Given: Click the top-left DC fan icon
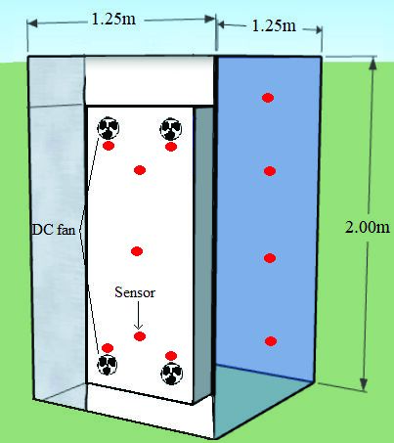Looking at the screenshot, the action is coord(109,128).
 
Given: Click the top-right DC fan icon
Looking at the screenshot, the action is coord(171,129).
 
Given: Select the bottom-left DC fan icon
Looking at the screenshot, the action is coord(108,364).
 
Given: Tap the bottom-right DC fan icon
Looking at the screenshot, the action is coord(172,374).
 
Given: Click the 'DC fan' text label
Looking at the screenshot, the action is coord(54,230).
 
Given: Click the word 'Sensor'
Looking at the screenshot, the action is coord(135,292).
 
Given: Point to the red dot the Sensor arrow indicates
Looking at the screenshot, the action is coord(140,336).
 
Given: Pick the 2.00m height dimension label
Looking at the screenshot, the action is coord(368,227).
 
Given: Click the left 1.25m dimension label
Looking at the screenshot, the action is coord(113,20).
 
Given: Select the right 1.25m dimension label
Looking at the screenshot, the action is coord(275,25).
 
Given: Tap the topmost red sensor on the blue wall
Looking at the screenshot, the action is coord(268,98).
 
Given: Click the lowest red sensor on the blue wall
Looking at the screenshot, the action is coord(271,341).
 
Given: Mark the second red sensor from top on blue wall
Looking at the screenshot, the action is coord(270,171).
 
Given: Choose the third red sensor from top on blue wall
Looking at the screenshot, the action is coord(270,258).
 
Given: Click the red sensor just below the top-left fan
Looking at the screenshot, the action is coord(109,146).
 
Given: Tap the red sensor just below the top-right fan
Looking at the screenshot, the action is coord(171,147).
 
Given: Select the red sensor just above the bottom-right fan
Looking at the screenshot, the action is coord(171,356).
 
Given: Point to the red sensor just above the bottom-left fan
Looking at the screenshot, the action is coord(108,348).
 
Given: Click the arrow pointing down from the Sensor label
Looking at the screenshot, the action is coord(139,315).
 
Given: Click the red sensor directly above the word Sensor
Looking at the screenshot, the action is coord(137,251).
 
